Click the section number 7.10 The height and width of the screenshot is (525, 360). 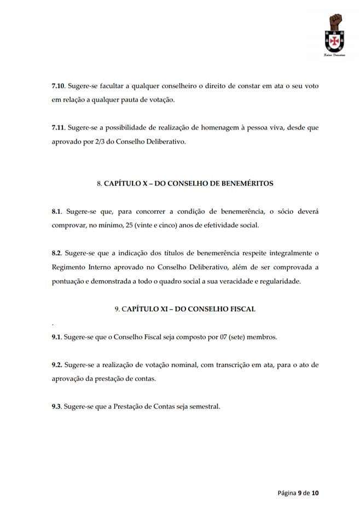58,87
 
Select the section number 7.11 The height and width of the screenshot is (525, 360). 57,127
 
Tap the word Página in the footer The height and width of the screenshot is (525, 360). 286,493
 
